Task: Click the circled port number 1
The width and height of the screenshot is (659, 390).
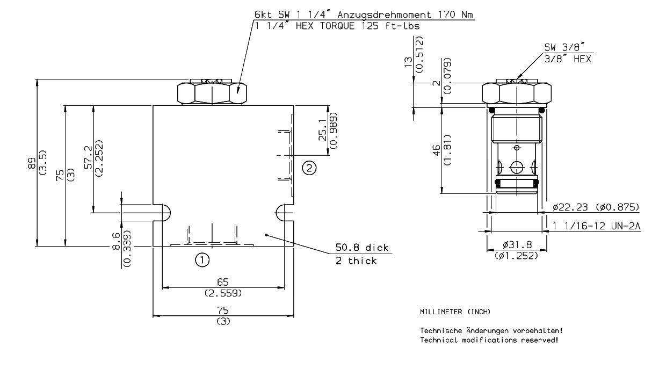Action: (x=201, y=261)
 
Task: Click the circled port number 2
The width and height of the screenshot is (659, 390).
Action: (x=309, y=168)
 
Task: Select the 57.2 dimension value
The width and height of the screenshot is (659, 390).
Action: (x=89, y=160)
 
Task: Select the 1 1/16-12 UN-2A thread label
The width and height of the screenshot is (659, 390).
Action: (x=597, y=227)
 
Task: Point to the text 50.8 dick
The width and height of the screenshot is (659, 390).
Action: (x=361, y=248)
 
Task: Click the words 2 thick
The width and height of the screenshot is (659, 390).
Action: (x=356, y=261)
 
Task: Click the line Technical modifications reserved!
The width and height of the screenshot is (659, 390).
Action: (x=489, y=340)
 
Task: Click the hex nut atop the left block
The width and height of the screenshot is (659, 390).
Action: (x=213, y=93)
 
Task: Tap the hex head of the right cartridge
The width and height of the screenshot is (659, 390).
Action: (x=517, y=93)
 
